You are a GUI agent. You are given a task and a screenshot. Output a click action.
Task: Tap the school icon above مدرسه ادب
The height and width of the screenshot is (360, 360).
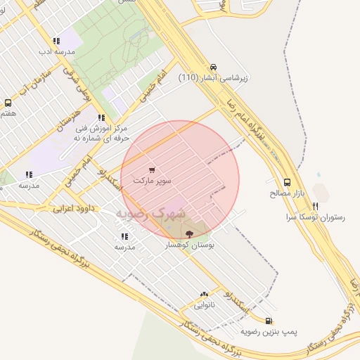coord(56,41)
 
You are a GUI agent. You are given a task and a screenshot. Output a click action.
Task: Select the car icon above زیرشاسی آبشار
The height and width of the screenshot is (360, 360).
coord(214,67)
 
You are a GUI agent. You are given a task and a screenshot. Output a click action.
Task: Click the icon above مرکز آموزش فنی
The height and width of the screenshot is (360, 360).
coord(102,117)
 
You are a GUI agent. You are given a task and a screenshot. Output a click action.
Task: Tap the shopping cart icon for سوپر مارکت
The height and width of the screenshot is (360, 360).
coord(153,170)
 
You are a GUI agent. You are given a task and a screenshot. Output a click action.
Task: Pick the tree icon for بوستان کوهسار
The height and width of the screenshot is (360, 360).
coord(189,233)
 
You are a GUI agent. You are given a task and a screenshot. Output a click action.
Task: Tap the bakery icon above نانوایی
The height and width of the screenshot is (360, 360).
coord(205,295)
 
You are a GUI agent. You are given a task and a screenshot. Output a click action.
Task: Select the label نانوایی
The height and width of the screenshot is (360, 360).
coord(205,306)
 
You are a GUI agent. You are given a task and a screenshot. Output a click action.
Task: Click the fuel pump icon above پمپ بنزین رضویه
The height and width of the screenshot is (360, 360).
coord(269,321)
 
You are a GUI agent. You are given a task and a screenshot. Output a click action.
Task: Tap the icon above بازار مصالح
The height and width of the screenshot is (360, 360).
coord(287,181)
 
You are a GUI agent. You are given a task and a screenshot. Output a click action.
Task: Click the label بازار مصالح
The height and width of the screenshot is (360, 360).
coord(286,192)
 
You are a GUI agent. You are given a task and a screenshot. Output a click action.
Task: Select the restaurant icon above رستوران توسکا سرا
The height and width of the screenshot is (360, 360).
coord(314,207)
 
